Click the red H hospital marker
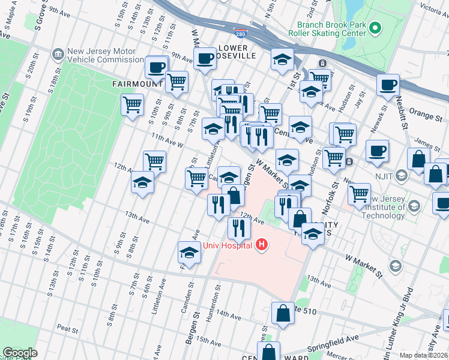[x=262, y=244]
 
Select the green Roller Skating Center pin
[x=375, y=28]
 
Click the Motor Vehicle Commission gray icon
[x=58, y=55]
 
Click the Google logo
[x=20, y=353]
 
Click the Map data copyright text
[x=424, y=355]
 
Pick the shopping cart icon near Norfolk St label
[x=359, y=193]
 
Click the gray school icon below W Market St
[x=395, y=265]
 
